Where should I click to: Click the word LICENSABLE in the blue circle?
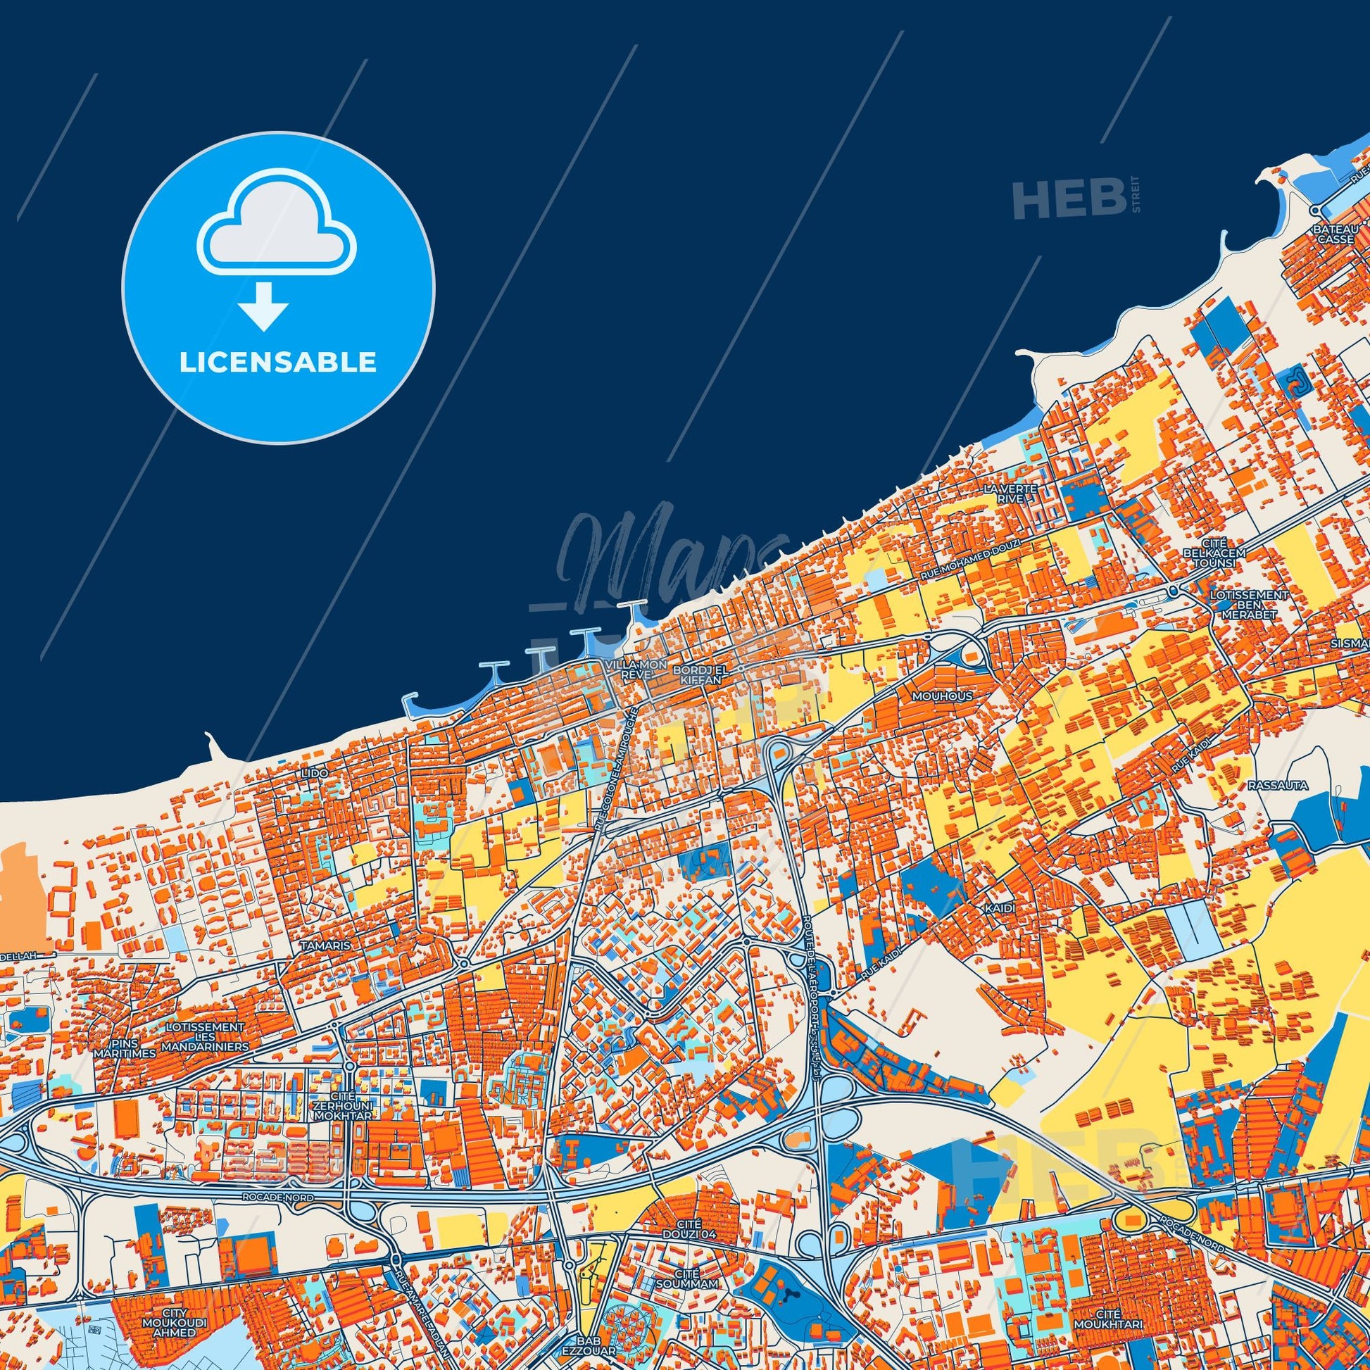(x=277, y=363)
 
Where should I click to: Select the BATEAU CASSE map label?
(x=1336, y=234)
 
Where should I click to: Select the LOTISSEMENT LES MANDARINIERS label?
(x=205, y=1036)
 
